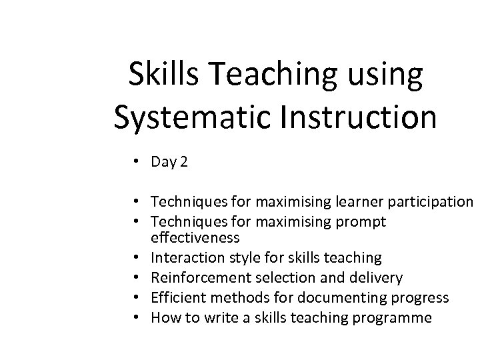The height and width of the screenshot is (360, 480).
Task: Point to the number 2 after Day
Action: click(183, 161)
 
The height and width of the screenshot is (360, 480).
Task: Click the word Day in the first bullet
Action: click(163, 161)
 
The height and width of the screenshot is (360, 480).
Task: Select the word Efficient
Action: click(175, 297)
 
